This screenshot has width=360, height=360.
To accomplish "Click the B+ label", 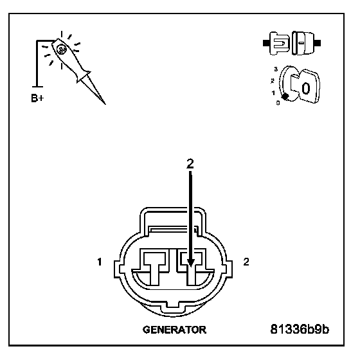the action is (x=37, y=98).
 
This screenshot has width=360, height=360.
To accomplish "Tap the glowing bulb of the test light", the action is (x=61, y=49).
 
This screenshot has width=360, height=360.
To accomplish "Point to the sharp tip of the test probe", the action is (x=105, y=104).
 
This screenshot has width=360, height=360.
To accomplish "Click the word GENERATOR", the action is (x=174, y=330).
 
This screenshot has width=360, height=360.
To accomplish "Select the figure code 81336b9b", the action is (x=300, y=329).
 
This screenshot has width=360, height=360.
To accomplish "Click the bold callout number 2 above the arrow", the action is (x=190, y=164).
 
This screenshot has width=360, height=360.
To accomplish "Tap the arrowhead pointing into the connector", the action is (x=190, y=262).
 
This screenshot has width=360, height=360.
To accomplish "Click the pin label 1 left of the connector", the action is (x=100, y=262).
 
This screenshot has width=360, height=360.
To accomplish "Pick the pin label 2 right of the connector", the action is (x=246, y=262).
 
